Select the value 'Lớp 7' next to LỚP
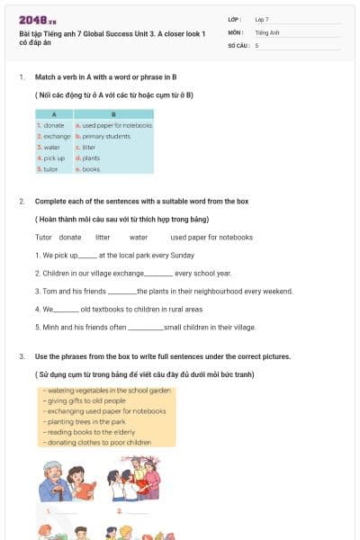[x=262, y=19]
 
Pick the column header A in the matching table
[x=54, y=114]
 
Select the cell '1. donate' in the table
[x=53, y=125]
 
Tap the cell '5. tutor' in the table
[x=50, y=168]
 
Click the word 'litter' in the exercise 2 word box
[x=103, y=238]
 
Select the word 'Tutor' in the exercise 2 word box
[x=43, y=238]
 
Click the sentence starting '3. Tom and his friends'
[x=164, y=292]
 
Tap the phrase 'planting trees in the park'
[x=83, y=421]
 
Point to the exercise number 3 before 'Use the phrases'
[x=21, y=357]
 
